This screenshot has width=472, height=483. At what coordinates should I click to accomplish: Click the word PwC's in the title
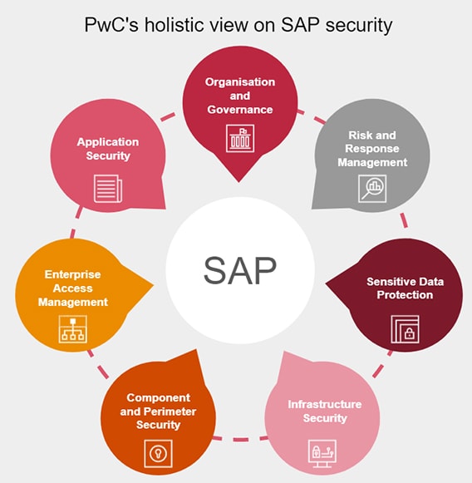(x=111, y=25)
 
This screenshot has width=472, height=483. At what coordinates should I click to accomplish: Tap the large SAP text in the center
(x=240, y=270)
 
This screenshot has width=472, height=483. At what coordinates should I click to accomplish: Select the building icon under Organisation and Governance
(x=240, y=138)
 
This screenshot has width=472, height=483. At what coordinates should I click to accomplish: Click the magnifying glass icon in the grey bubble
(x=372, y=189)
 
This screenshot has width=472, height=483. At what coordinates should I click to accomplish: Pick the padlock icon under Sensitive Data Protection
(x=405, y=329)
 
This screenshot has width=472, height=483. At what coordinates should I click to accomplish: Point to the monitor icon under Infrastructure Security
(x=322, y=453)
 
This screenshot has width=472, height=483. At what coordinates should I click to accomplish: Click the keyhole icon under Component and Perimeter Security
(x=158, y=453)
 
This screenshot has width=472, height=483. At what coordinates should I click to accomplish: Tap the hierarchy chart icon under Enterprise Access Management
(x=72, y=329)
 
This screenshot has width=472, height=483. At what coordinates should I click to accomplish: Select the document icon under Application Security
(x=108, y=189)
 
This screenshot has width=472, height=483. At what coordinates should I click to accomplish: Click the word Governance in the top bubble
(x=240, y=110)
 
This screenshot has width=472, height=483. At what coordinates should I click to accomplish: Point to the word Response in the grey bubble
(x=372, y=149)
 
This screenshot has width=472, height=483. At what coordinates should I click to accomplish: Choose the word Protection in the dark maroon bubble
(x=405, y=295)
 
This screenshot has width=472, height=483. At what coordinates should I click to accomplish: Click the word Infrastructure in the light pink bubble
(x=325, y=405)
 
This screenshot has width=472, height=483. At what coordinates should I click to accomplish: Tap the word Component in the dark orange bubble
(x=158, y=397)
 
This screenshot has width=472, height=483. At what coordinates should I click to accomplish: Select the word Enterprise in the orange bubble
(x=72, y=274)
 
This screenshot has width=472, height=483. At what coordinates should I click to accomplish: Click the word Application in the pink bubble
(x=108, y=142)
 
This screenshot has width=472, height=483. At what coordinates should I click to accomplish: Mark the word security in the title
(x=359, y=25)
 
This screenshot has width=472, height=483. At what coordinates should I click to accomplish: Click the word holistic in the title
(x=175, y=25)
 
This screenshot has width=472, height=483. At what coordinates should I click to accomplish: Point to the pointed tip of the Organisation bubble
(x=238, y=182)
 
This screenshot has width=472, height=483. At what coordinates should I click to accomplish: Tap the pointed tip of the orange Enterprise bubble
(x=153, y=285)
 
